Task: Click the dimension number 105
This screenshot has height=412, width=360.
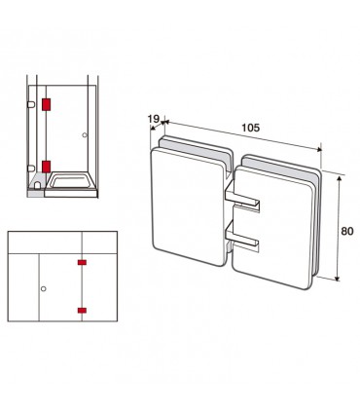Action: pyautogui.click(x=251, y=128)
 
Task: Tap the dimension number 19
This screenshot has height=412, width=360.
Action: pyautogui.click(x=154, y=119)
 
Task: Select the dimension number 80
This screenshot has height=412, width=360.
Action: pyautogui.click(x=347, y=231)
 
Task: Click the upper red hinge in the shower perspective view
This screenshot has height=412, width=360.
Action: pyautogui.click(x=47, y=104)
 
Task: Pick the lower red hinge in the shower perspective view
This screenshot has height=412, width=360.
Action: pyautogui.click(x=47, y=167)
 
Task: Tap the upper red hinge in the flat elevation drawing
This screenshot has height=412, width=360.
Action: pyautogui.click(x=82, y=262)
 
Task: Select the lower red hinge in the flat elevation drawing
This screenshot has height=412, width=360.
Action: pyautogui.click(x=82, y=311)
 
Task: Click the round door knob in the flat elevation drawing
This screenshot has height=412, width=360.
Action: pyautogui.click(x=44, y=288)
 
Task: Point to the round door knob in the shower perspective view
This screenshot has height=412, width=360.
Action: pyautogui.click(x=85, y=135)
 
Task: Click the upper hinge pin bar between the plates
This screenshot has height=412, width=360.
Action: pyautogui.click(x=242, y=199)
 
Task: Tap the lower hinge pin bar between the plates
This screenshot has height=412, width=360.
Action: pyautogui.click(x=242, y=238)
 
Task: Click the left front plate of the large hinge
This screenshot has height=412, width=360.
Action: pyautogui.click(x=189, y=206)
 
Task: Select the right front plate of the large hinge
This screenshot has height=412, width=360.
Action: pyautogui.click(x=272, y=227)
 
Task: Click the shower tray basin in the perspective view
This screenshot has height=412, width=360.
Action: pyautogui.click(x=71, y=181)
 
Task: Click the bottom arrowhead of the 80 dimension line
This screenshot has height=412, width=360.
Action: pyautogui.click(x=338, y=278)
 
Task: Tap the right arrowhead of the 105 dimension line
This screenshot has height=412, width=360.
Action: pyautogui.click(x=319, y=149)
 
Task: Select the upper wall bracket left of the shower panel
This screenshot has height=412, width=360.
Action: pyautogui.click(x=31, y=104)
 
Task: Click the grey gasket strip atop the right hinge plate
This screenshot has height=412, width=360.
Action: pyautogui.click(x=281, y=169)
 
